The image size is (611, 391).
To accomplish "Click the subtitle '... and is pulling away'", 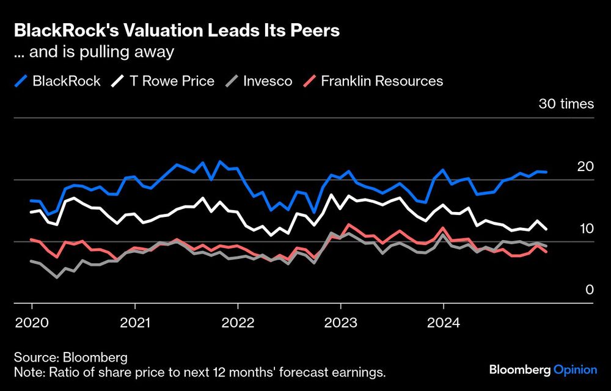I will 94,53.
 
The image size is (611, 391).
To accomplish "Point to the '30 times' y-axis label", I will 566,104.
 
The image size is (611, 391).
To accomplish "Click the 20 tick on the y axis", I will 585,166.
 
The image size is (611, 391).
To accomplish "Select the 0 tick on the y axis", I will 590,290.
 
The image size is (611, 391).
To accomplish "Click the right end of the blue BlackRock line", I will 546,172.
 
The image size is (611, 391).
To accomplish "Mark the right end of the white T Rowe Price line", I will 546,229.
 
